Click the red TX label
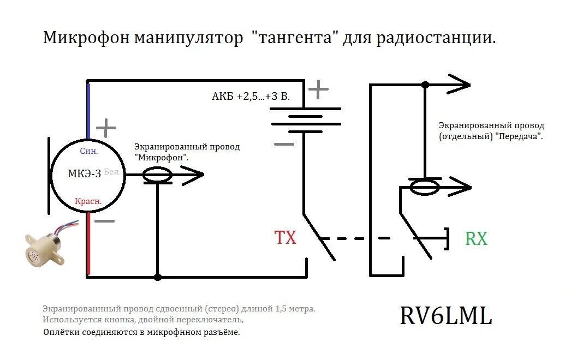coord(285,238)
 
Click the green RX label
coord(476,238)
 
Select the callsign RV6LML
coord(446,316)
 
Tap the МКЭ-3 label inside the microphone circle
coord(84,174)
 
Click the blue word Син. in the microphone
coord(89,151)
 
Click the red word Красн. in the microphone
coord(88,201)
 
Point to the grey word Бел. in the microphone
coord(112,171)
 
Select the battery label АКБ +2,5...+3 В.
coord(251,97)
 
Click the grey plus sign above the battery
coord(318,89)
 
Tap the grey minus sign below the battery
coord(283,144)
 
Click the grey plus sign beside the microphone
coord(106,128)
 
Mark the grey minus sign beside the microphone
coord(105,221)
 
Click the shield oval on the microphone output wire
coord(158,175)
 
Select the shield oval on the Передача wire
coord(425,187)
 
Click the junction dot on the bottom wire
coord(158,277)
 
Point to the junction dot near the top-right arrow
coord(425,85)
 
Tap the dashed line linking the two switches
coord(355,238)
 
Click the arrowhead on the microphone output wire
coord(194,175)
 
